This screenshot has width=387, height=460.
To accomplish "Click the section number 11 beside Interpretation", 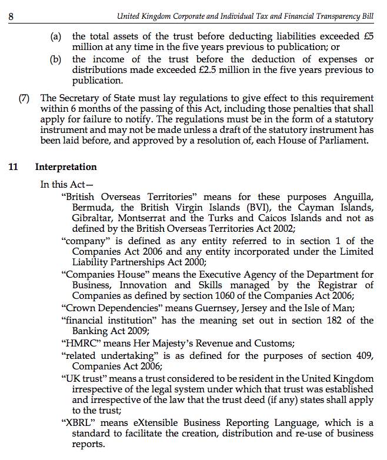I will pyautogui.click(x=13, y=167).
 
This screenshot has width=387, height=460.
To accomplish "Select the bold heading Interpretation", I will pyautogui.click(x=66, y=167).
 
